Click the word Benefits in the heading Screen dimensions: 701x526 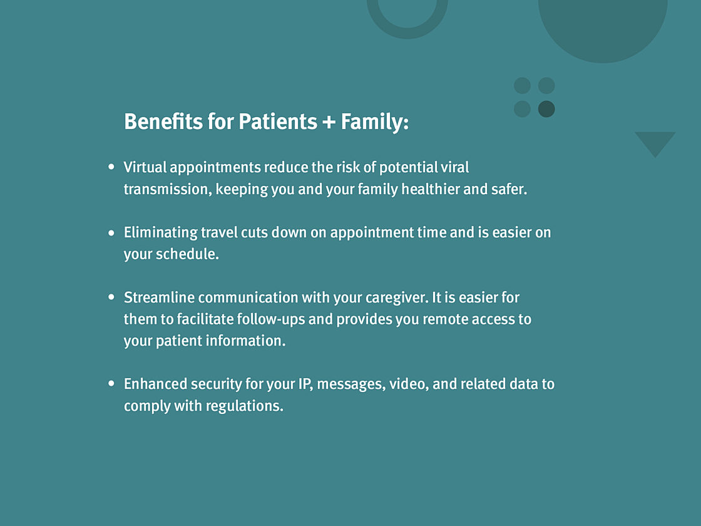point(163,121)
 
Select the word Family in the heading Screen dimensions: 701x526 point(372,122)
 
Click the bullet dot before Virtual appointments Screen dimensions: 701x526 point(111,167)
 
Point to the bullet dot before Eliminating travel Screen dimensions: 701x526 point(111,232)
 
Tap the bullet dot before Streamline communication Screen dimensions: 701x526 point(111,297)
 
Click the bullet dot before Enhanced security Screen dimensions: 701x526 point(111,383)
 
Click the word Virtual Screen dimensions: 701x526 point(145,167)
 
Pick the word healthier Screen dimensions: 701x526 point(430,188)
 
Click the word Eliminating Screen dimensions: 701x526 point(160,232)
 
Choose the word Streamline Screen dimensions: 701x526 point(159,297)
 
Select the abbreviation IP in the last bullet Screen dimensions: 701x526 point(305,384)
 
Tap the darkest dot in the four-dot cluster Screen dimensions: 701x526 point(546,109)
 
